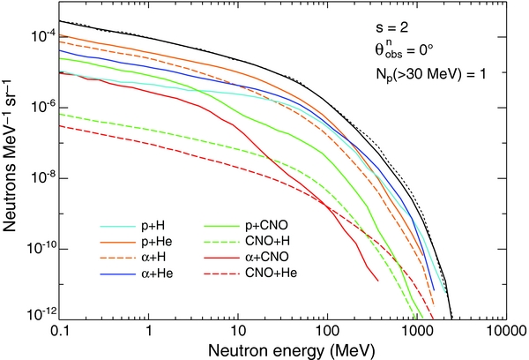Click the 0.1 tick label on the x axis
61,330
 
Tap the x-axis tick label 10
238,330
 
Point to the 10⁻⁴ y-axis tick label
41,36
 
